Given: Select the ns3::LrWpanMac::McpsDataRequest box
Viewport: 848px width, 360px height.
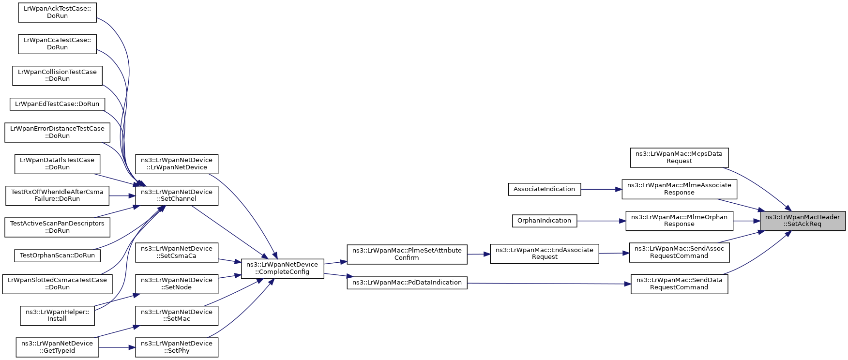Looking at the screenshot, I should tap(679, 157).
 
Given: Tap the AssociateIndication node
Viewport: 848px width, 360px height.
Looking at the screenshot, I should tap(544, 189).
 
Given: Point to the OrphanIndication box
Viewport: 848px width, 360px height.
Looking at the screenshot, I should tap(544, 221).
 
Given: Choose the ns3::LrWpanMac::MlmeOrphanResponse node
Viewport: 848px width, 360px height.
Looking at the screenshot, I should tap(679, 221).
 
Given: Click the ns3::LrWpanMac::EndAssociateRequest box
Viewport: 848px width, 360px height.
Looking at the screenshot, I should tap(544, 254).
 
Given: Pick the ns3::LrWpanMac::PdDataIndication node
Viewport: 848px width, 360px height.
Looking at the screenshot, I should tap(407, 283).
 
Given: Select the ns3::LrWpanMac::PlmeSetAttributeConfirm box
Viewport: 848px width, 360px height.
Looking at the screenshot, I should tap(407, 254).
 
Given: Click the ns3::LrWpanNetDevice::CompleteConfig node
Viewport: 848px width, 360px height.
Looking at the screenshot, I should tap(282, 268).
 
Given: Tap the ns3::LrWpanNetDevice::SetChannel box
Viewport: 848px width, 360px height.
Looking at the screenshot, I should tap(176, 195).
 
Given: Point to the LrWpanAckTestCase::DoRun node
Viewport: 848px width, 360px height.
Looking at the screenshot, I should tap(57, 12).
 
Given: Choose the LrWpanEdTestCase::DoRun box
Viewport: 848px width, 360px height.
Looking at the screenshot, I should tap(57, 104).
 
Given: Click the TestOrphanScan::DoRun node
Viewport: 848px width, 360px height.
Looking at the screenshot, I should tap(57, 255).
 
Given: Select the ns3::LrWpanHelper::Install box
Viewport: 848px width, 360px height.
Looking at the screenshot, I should tap(57, 315).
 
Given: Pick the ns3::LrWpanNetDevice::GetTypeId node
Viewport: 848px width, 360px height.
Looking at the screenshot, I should tap(57, 347).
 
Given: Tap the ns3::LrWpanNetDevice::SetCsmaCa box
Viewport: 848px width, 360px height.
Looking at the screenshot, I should tap(176, 252).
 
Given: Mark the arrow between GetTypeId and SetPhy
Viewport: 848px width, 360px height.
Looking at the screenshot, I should tap(117, 347).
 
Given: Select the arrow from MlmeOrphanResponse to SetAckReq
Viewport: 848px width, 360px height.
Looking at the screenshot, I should tap(746, 221).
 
